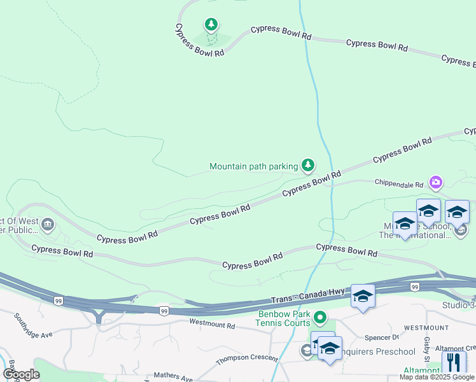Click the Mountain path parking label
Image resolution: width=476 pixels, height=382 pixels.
click(254, 166)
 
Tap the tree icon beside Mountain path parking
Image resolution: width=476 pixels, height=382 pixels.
click(308, 166)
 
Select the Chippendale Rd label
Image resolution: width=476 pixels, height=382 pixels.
click(399, 185)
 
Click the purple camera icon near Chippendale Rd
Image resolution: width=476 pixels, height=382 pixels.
click(436, 183)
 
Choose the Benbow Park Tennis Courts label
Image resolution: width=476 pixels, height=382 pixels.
click(285, 318)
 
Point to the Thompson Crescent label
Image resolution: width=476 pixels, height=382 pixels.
click(242, 359)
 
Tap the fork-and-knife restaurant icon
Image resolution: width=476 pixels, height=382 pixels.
click(454, 362)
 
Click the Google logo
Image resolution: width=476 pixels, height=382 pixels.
click(21, 375)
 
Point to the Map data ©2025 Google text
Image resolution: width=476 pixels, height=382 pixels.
click(437, 377)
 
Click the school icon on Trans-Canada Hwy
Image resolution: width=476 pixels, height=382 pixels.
click(363, 296)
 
